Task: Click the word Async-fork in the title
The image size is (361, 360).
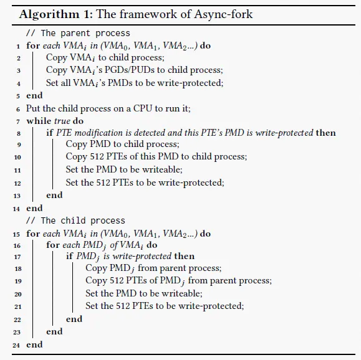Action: point(223,14)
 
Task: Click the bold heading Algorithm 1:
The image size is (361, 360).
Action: point(56,14)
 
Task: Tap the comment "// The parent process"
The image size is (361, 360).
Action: point(78,34)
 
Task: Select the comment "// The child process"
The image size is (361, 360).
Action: point(75,220)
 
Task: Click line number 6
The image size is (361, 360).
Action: point(18,109)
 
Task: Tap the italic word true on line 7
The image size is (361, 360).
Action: point(62,121)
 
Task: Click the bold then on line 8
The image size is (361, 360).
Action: point(326,133)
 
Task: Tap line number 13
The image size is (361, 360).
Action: point(17,196)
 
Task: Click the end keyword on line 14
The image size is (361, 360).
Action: point(34,208)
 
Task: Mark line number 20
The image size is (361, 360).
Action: point(17,294)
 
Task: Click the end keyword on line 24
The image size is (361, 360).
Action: point(34,344)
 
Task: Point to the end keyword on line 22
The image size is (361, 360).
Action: point(74,319)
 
